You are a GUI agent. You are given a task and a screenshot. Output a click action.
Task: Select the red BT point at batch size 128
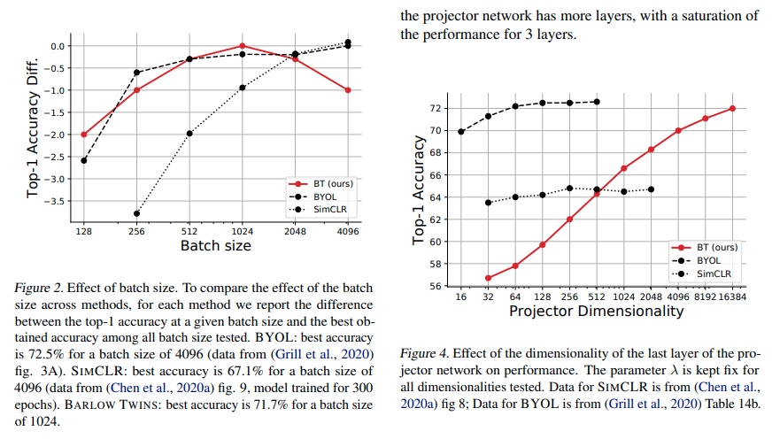click(x=84, y=135)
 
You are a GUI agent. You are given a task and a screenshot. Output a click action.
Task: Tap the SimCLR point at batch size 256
click(x=136, y=213)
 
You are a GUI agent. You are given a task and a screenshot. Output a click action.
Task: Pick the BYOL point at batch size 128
click(x=84, y=160)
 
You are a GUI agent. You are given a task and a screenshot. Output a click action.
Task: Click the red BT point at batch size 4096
click(x=347, y=90)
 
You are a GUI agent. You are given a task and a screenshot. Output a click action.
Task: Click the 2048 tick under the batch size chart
click(x=294, y=232)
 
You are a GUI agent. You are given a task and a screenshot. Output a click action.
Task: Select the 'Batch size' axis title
click(x=215, y=245)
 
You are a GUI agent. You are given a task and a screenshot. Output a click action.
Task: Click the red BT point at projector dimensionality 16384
click(x=732, y=108)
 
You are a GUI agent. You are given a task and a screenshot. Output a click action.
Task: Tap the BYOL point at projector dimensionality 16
click(x=460, y=131)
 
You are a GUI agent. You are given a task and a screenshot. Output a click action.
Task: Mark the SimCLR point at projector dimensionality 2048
click(x=651, y=189)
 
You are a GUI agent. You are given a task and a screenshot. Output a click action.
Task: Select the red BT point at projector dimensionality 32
click(x=488, y=278)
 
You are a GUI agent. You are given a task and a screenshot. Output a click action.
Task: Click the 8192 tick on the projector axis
click(x=706, y=297)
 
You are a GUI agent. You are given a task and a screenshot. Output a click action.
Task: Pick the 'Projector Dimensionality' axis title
click(x=597, y=312)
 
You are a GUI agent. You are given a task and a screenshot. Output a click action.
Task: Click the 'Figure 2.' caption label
click(x=40, y=288)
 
